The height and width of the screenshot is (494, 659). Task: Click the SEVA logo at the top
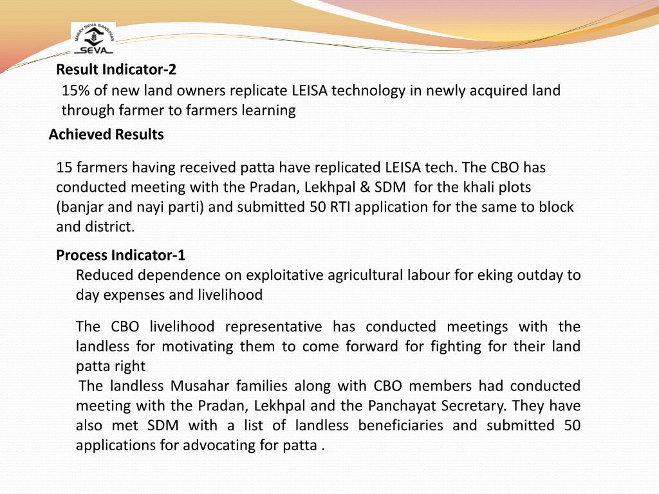click(93, 39)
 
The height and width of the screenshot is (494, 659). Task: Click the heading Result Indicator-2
click(116, 69)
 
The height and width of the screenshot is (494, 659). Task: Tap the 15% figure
click(73, 91)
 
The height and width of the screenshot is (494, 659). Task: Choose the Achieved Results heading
click(106, 134)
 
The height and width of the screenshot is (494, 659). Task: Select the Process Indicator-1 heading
click(121, 255)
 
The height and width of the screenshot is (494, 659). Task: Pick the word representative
click(267, 327)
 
